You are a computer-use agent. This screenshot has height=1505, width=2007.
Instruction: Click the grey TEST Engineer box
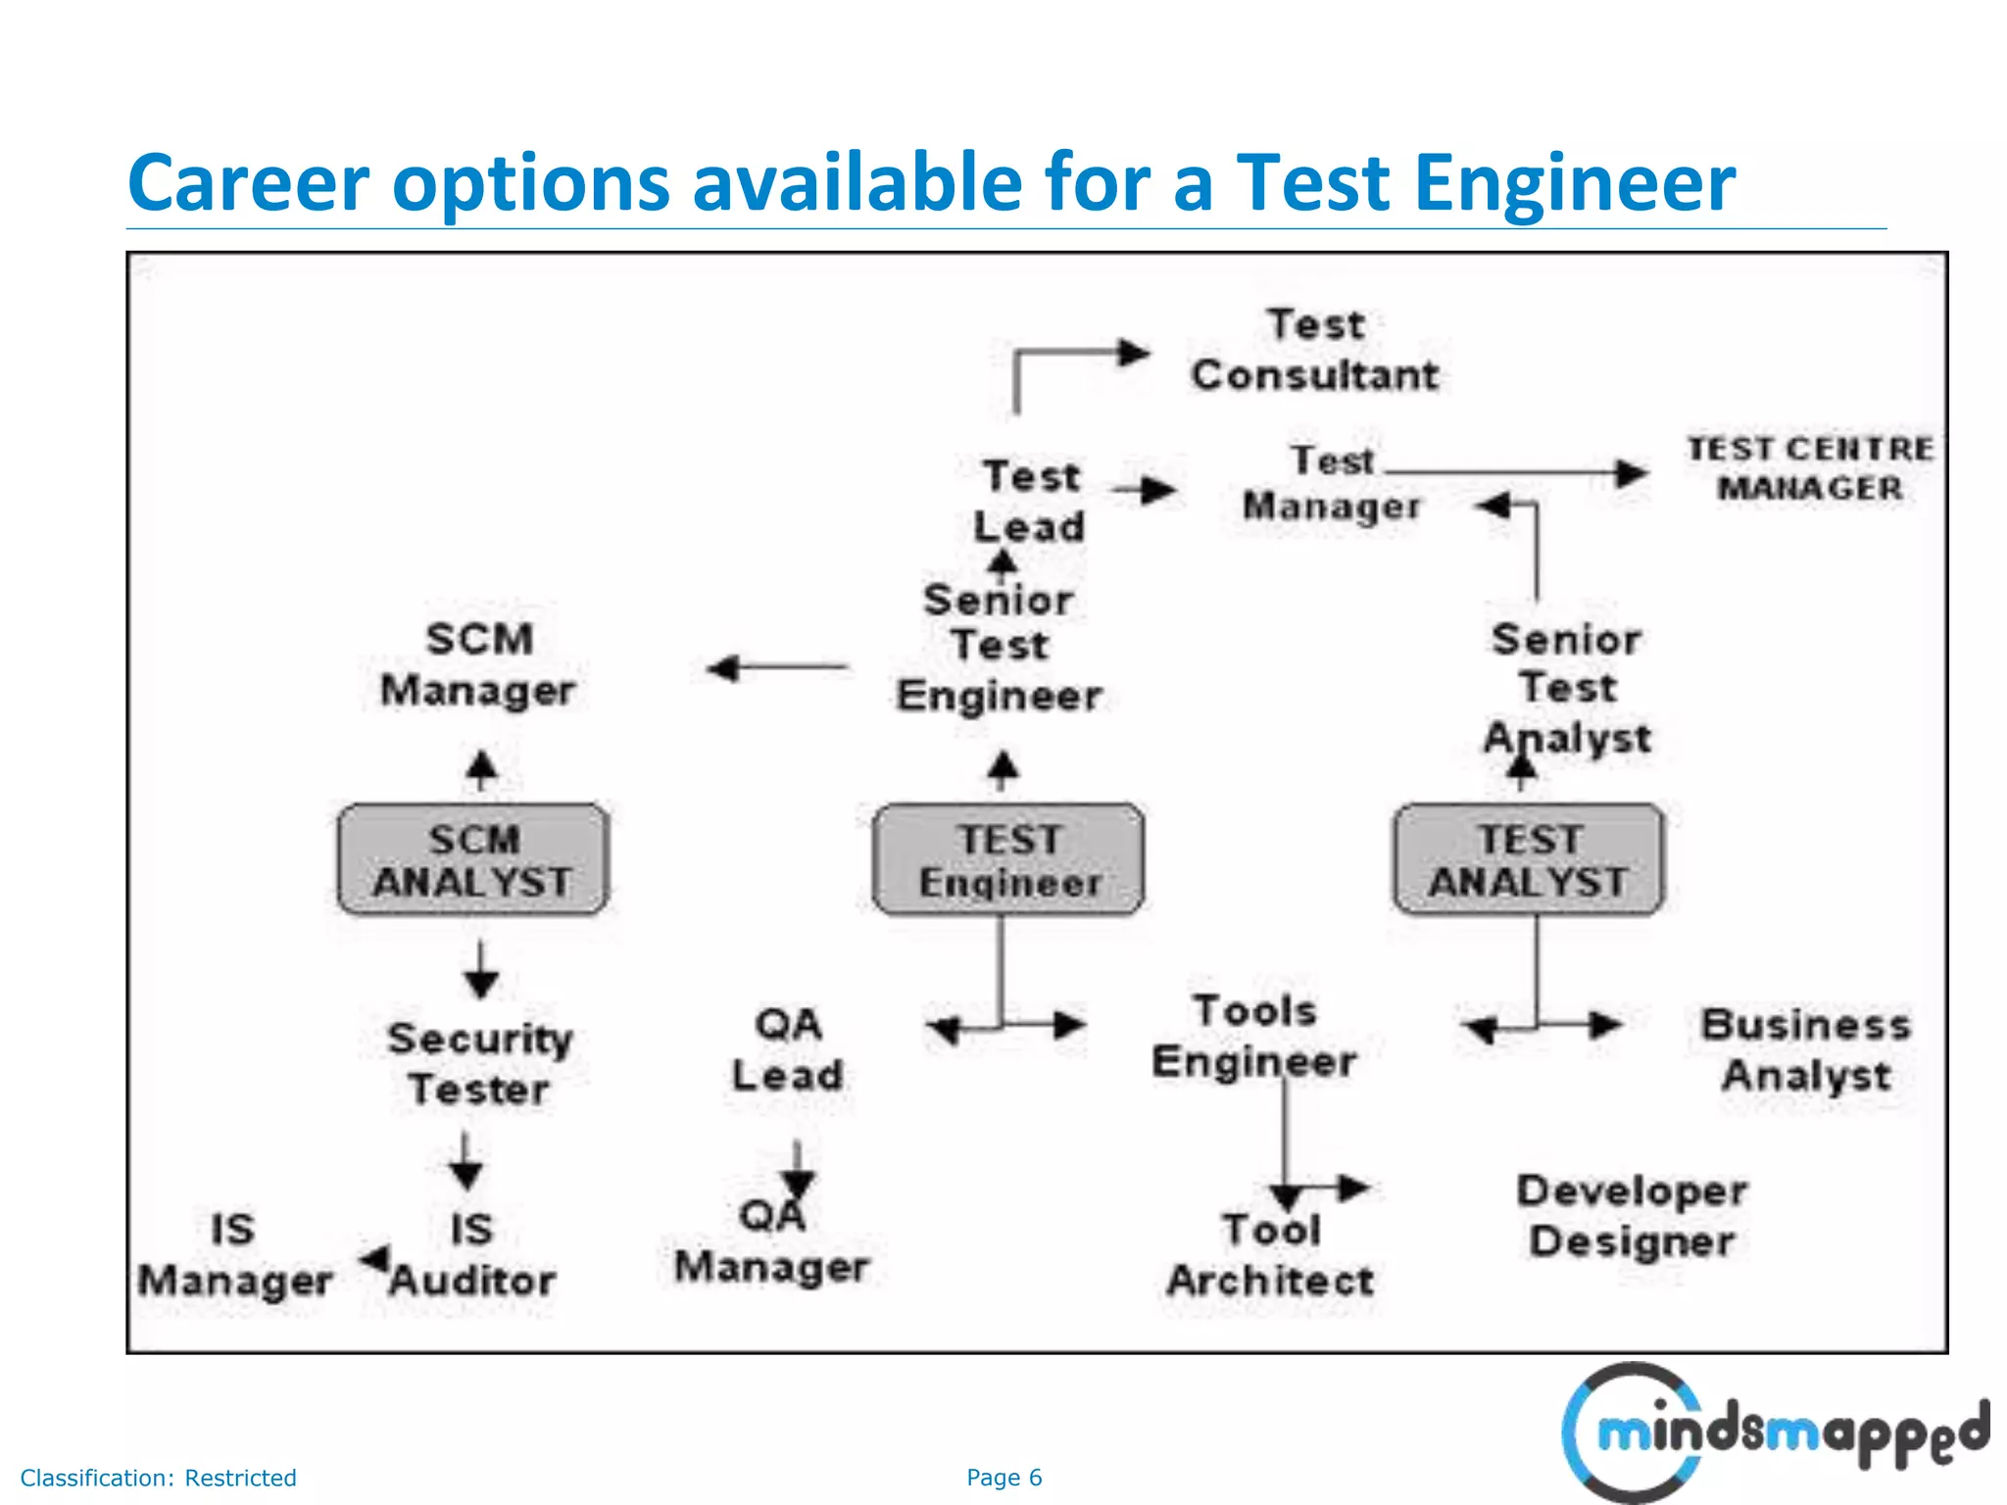1007,860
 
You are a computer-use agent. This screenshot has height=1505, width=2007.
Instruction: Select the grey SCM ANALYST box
473,860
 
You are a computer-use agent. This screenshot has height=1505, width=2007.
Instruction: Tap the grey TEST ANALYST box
1528,860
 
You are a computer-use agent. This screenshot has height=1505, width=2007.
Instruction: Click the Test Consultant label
1315,350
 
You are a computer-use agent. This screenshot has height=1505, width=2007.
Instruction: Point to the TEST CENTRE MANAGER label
1809,468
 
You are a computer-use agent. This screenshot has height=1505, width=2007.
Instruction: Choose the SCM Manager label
478,665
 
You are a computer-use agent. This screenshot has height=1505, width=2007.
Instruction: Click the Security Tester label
479,1064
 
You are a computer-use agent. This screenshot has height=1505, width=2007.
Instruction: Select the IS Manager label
234,1255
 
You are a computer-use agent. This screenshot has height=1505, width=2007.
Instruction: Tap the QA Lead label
788,1050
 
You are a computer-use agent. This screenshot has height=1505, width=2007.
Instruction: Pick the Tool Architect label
1270,1255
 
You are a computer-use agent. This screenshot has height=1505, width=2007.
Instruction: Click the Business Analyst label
1806,1050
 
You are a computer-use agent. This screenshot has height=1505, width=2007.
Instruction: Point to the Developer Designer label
1633,1216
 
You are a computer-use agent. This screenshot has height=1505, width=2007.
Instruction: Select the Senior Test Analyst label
1567,689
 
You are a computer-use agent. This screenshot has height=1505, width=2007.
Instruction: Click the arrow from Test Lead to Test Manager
1145,489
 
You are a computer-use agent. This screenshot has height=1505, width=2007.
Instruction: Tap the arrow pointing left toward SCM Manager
777,668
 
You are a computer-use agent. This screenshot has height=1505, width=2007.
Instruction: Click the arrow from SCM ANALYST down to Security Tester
480,969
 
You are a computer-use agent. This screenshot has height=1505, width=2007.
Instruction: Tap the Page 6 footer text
1003,1478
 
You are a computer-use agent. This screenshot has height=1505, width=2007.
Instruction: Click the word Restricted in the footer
240,1478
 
